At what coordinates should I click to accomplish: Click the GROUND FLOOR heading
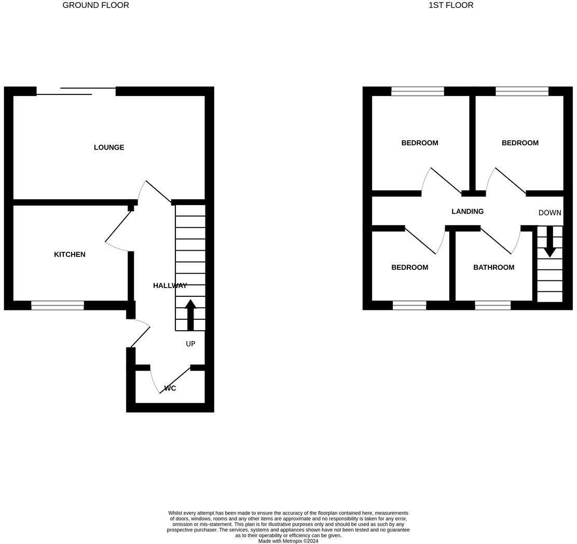[x=95, y=5]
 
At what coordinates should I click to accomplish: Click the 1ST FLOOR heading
[x=450, y=5]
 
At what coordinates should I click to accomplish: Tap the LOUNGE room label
[x=109, y=147]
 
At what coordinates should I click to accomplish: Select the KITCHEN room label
[x=70, y=254]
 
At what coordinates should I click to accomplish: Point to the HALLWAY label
[x=170, y=285]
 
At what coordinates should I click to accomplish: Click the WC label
[x=170, y=388]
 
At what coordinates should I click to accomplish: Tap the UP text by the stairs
[x=190, y=344]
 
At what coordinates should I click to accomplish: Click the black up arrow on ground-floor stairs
[x=190, y=315]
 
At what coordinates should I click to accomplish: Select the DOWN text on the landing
[x=549, y=213]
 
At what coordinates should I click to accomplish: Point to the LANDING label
[x=468, y=211]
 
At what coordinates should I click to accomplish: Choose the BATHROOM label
[x=493, y=267]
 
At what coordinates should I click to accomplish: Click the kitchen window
[x=58, y=305]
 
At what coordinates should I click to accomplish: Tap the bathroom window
[x=492, y=305]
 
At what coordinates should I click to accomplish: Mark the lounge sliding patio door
[x=76, y=91]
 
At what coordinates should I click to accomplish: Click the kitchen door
[x=119, y=228]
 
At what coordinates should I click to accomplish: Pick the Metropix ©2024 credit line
[x=288, y=541]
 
